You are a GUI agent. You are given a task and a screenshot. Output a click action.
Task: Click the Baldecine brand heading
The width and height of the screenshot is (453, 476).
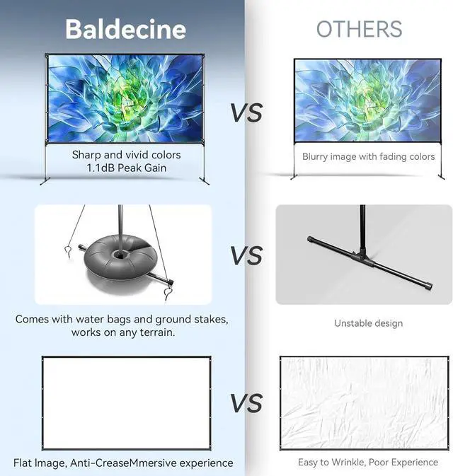(x=125, y=29)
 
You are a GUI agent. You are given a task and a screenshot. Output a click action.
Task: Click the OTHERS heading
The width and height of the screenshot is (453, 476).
(x=359, y=29)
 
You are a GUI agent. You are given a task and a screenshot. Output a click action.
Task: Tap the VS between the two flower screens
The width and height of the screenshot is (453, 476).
(x=246, y=112)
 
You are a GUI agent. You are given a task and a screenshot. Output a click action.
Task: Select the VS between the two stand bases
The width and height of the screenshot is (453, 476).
(x=246, y=255)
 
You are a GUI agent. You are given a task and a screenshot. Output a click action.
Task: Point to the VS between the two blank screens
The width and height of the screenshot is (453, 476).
(x=246, y=403)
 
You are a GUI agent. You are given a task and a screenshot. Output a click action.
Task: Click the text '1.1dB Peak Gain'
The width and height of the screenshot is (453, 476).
(x=127, y=168)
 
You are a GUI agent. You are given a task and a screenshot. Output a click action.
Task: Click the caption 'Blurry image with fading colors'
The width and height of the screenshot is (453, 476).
(x=368, y=156)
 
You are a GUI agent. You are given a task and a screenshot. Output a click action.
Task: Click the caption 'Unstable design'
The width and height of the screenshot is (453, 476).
(x=368, y=323)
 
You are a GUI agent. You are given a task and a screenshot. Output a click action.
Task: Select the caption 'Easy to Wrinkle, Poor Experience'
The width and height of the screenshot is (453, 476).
(x=368, y=463)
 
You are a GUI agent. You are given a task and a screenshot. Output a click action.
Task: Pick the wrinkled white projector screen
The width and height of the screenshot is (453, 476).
(x=364, y=403)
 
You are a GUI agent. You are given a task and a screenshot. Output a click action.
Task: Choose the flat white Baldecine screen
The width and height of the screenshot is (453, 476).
(x=127, y=403)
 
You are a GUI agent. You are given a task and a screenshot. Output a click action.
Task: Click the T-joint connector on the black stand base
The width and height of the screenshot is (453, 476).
(x=363, y=255)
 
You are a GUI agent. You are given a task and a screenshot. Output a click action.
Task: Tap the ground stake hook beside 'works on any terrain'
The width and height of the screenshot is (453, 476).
(x=168, y=294)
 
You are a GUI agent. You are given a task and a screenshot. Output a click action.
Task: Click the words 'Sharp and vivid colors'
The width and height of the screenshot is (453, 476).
(x=127, y=155)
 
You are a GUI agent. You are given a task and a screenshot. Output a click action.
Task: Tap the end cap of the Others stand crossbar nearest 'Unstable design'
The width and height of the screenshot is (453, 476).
(x=429, y=286)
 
